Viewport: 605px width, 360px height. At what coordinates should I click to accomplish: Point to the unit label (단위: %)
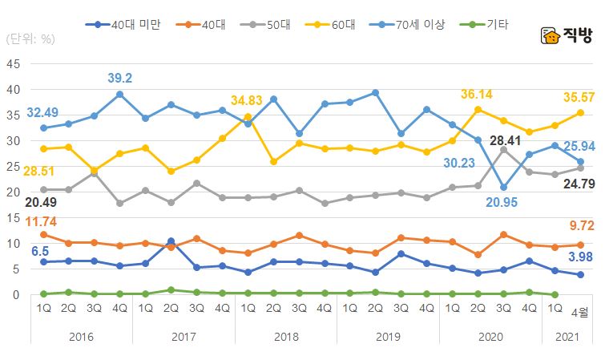point(30,38)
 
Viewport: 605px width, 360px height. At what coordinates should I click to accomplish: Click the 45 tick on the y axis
point(14,64)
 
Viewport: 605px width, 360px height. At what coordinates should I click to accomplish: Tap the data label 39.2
point(121,78)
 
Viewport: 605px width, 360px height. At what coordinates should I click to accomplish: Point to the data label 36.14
point(478,94)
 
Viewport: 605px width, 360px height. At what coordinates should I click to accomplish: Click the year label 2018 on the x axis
point(285,337)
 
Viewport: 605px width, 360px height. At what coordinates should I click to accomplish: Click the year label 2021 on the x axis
point(567,337)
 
